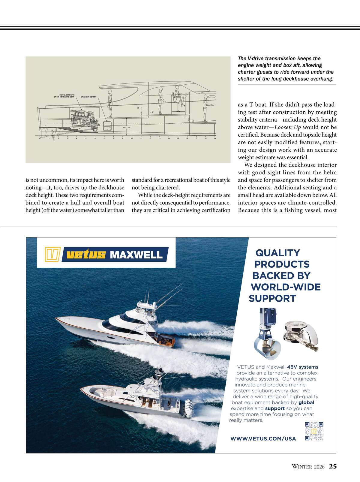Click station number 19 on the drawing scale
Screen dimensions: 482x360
[215, 139]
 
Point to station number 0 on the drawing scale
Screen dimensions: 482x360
[40, 139]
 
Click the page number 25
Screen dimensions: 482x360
[333, 466]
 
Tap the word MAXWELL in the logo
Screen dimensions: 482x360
[136, 255]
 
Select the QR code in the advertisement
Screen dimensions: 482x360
[314, 431]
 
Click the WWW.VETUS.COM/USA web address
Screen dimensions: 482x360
[263, 439]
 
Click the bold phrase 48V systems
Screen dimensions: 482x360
[302, 367]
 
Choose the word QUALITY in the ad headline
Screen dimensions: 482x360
[277, 253]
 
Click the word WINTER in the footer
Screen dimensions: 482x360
[302, 467]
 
